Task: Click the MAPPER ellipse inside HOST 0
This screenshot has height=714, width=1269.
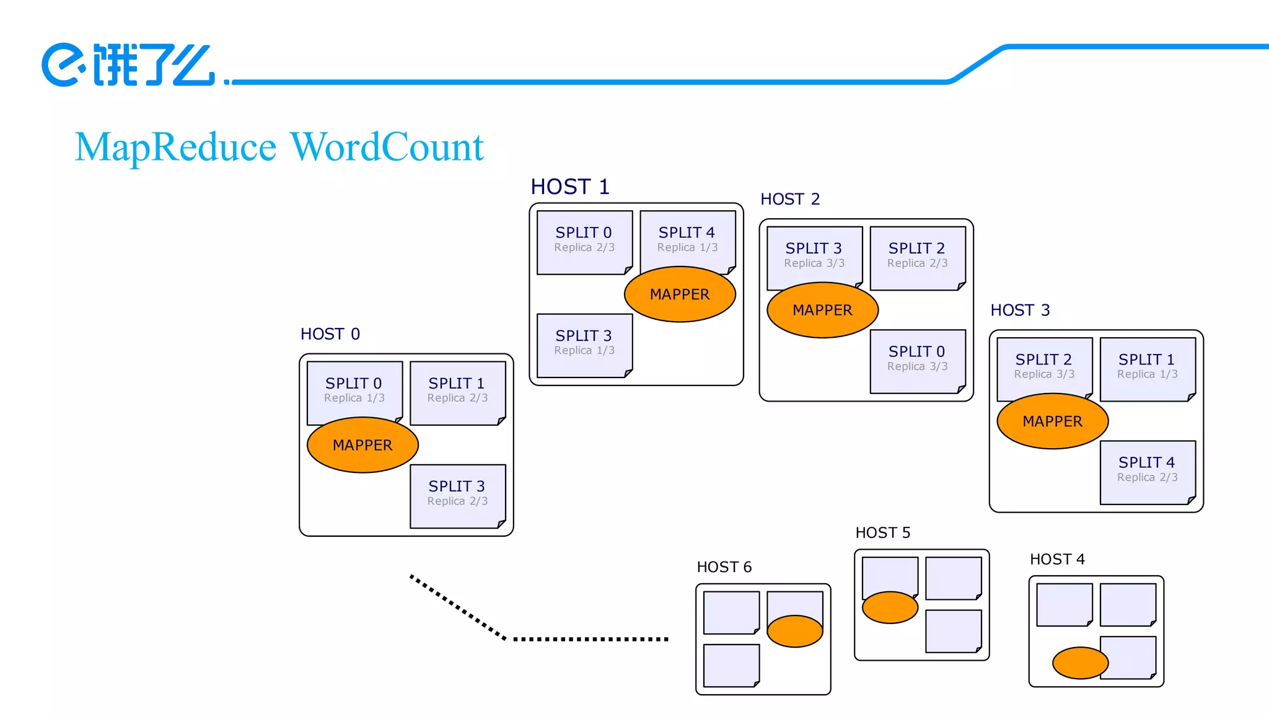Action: tap(362, 445)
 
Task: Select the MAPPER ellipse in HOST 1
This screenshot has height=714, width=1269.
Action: tap(680, 294)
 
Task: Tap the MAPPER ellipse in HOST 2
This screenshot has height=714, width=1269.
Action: tap(822, 310)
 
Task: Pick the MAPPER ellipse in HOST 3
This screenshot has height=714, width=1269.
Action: tap(1052, 421)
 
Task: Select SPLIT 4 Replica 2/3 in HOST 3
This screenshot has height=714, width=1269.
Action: tap(1147, 470)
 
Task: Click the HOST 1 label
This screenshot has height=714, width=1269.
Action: tap(570, 187)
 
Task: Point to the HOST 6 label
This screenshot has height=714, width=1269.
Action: tap(724, 567)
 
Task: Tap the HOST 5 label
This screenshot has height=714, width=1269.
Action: tap(882, 533)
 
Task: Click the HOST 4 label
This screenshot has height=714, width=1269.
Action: tap(1057, 559)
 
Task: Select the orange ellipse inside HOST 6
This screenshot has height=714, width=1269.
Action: tap(794, 632)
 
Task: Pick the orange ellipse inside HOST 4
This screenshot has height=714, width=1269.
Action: tap(1080, 663)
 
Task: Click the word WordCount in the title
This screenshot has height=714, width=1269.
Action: tap(387, 148)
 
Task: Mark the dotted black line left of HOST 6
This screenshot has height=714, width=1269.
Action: tap(589, 638)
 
